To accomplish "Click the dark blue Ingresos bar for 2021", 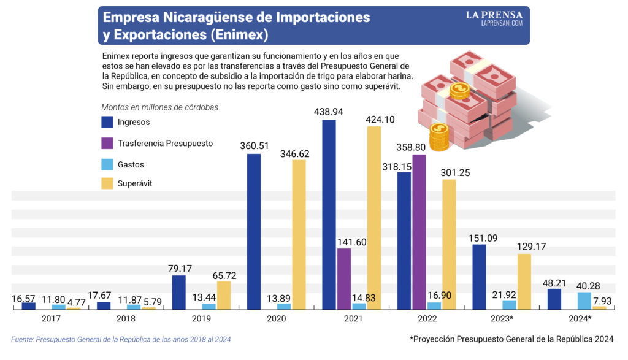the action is coord(329,215).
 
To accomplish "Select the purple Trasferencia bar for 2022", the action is coord(419,232).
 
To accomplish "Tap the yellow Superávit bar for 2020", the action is coord(299,235).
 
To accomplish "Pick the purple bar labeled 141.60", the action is coord(343,279).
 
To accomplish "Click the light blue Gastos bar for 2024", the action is coord(584,301).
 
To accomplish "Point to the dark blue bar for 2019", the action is coord(178,293).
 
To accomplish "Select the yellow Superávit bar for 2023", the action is coord(524,281).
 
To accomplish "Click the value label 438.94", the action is coord(329,112).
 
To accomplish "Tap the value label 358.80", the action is coord(411,147).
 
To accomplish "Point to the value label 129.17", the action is coord(532,247).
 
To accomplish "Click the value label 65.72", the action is coord(224,275).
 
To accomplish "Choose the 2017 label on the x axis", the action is coord(51,319).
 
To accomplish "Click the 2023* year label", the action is coord(502,319).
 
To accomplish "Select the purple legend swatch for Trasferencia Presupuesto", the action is coord(107,143).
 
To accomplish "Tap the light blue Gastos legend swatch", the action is coord(107,164).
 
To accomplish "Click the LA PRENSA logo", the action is coord(494,18).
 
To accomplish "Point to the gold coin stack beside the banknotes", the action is coord(439,137).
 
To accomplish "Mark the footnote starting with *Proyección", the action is coord(511,339).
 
